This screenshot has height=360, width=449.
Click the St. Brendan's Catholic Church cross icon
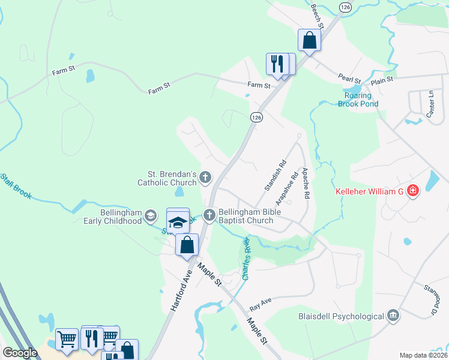pyautogui.click(x=205, y=177)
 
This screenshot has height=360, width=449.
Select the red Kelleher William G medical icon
pyautogui.click(x=412, y=191)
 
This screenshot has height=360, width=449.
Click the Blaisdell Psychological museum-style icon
pyautogui.click(x=393, y=316)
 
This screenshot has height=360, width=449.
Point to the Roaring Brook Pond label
pyautogui.click(x=362, y=100)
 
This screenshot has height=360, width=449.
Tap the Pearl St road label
pyautogui.click(x=349, y=79)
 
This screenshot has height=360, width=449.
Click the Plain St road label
pyautogui.click(x=382, y=79)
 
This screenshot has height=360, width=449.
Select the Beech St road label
pyautogui.click(x=318, y=19)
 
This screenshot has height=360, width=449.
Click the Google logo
pyautogui.click(x=20, y=353)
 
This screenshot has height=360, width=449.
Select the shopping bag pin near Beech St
pyautogui.click(x=309, y=40)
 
